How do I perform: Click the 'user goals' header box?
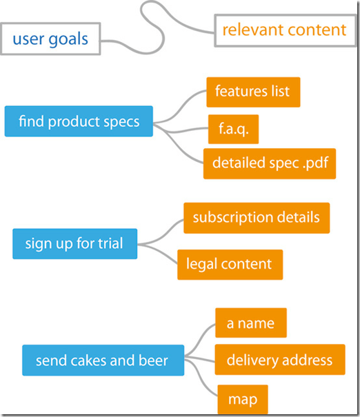50,39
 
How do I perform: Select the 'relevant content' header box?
286,30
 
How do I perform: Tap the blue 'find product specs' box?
79,121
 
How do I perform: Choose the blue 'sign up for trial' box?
74,243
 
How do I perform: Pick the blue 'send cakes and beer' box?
103,360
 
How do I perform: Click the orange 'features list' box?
253,92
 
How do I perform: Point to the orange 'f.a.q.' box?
233,130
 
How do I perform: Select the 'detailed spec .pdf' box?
270,163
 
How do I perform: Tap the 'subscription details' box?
257,218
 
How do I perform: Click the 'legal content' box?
230,265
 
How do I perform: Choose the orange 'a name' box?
251,323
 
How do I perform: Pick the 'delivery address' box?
280,360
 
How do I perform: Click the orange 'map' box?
243,399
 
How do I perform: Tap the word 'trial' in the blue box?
110,243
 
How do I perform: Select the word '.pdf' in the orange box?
316,163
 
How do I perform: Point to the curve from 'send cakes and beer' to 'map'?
201,378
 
